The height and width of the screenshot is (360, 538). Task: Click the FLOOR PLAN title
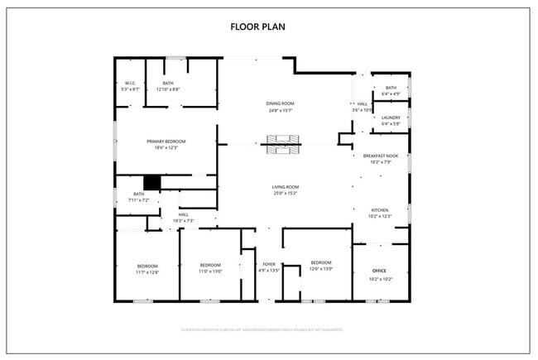click(257, 26)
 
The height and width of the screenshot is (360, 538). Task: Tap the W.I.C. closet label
click(130, 84)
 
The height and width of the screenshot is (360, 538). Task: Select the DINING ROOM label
click(280, 103)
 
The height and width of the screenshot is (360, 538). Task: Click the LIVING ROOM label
click(285, 188)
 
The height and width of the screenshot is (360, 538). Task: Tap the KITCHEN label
click(379, 210)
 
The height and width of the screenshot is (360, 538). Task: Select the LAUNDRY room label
click(391, 118)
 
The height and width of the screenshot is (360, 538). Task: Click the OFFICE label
click(379, 271)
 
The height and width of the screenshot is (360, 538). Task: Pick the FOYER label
click(269, 265)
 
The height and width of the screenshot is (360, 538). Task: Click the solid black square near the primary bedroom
click(151, 183)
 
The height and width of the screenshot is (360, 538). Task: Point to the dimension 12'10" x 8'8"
click(168, 89)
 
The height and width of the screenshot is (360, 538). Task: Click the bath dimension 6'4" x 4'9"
click(391, 94)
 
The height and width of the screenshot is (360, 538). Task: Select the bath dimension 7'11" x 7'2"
click(137, 199)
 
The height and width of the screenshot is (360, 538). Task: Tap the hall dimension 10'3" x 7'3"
click(183, 221)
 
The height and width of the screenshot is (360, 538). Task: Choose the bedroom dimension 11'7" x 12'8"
click(147, 271)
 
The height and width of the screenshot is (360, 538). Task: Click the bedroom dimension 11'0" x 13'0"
click(210, 271)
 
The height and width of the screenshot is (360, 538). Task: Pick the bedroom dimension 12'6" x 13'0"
click(320, 268)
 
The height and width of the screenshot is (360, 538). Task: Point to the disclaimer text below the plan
click(262, 329)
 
